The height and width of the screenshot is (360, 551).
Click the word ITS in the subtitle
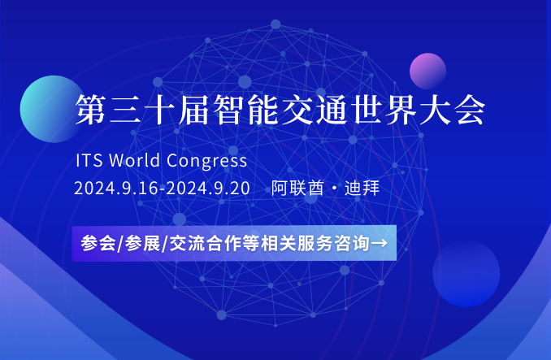[x=89, y=161]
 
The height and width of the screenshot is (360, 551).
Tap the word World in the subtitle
[x=135, y=160]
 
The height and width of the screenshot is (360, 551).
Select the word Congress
[x=206, y=161]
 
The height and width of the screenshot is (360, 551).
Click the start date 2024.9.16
[x=116, y=189]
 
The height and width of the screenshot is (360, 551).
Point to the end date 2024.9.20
[x=208, y=189]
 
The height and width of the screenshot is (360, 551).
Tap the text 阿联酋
[x=297, y=188]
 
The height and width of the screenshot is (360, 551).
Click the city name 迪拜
[x=362, y=188]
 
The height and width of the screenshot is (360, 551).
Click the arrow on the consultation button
[x=379, y=243]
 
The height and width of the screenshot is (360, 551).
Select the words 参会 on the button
[x=98, y=243]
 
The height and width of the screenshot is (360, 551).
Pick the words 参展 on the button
[x=143, y=243]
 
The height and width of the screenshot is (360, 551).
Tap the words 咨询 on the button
[x=352, y=243]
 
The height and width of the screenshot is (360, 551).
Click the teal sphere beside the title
[x=53, y=109]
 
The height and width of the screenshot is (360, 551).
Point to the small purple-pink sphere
[x=427, y=71]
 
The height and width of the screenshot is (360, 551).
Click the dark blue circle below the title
[x=466, y=273]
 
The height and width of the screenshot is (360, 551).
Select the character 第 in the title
[x=91, y=109]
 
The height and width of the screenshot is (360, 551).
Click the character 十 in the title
[x=159, y=109]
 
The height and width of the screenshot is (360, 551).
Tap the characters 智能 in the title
[x=246, y=109]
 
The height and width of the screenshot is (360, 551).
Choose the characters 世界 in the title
[x=384, y=109]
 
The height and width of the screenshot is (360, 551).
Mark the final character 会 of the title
[x=471, y=109]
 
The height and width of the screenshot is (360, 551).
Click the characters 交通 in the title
[x=315, y=109]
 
